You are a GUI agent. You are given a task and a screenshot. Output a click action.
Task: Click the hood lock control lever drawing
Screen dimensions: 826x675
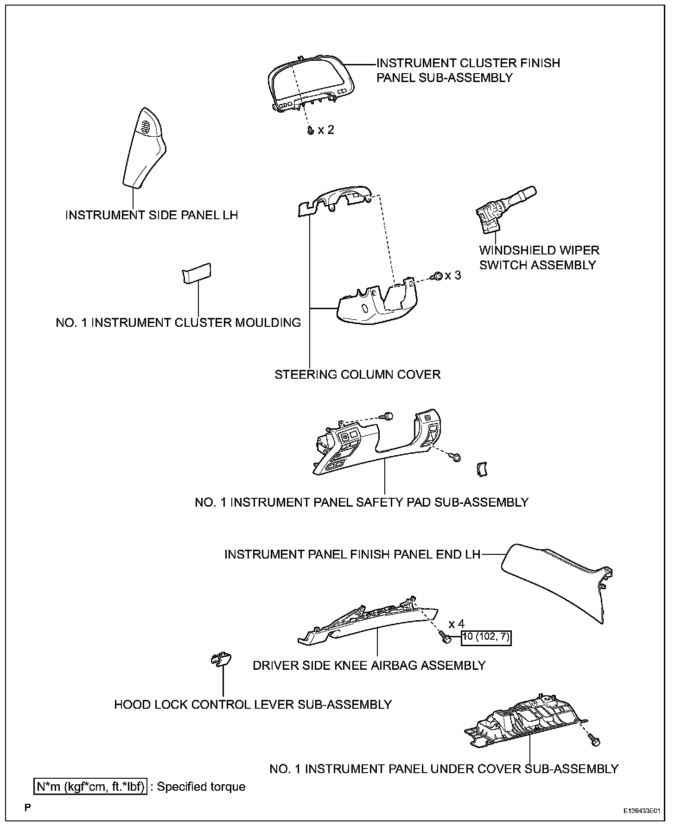[222, 659]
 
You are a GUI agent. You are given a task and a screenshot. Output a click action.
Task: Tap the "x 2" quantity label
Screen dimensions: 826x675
[325, 130]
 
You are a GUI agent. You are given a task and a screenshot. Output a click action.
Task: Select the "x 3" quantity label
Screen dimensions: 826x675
[453, 275]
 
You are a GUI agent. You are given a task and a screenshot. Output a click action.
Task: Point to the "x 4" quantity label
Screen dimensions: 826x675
[456, 624]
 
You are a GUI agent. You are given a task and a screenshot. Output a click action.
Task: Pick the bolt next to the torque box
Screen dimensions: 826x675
[446, 639]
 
